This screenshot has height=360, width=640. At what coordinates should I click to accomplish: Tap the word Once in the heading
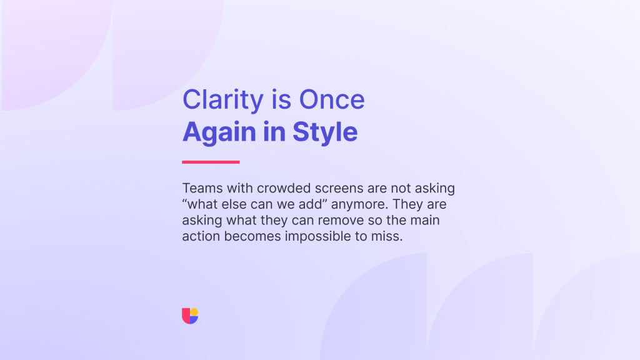pos(332,99)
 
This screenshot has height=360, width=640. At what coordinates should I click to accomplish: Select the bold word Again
pos(219,132)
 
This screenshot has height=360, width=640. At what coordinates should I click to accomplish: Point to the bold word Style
pos(325,132)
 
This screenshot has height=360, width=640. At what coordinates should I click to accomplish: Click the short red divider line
pos(211,162)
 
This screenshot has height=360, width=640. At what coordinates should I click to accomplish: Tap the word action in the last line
pos(201,236)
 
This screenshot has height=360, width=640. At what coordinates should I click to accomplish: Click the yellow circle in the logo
pos(194,312)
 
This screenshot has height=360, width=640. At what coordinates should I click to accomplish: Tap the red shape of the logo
pos(186,316)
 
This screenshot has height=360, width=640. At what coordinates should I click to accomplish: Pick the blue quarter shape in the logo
pos(194,320)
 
